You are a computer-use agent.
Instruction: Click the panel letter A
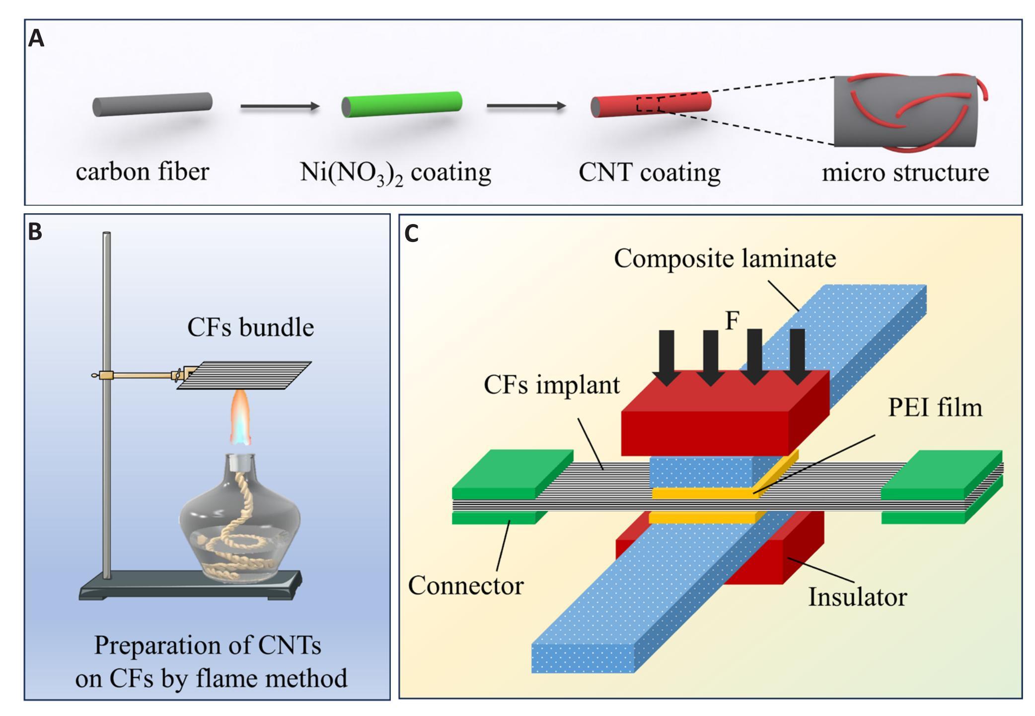click(36, 38)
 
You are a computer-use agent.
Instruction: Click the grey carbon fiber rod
click(152, 104)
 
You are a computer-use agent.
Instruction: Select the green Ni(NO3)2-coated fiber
click(402, 104)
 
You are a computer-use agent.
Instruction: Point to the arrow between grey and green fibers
click(279, 106)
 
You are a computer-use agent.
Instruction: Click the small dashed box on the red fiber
click(648, 105)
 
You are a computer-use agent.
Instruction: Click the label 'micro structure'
click(905, 172)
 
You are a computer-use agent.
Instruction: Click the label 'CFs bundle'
click(250, 327)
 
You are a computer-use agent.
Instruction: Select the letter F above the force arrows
click(732, 321)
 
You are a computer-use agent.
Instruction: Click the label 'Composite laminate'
click(725, 258)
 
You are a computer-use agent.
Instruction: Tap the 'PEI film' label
click(935, 407)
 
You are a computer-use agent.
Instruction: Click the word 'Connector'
click(465, 585)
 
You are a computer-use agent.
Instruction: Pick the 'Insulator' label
click(857, 597)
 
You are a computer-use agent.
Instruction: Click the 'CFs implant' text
click(552, 385)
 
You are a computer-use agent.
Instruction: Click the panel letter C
click(412, 233)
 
